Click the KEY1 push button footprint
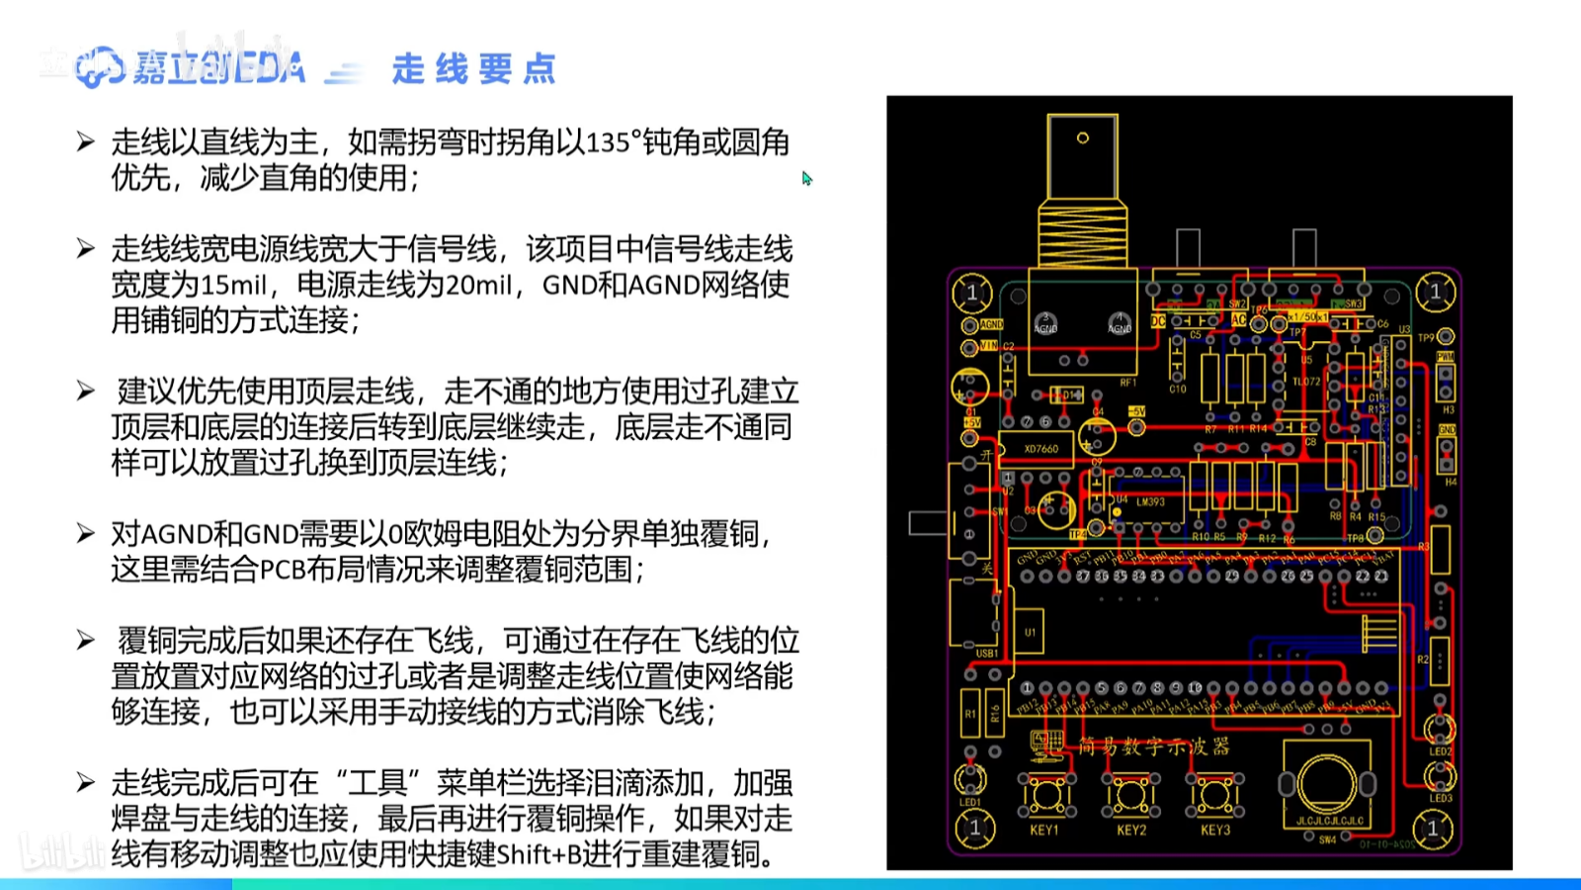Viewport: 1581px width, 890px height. click(x=1045, y=793)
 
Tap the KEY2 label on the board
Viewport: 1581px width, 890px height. click(x=1131, y=831)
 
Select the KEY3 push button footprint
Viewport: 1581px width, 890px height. click(x=1215, y=793)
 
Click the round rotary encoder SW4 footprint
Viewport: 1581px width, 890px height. click(x=1327, y=783)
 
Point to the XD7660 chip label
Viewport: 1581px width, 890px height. click(x=1040, y=449)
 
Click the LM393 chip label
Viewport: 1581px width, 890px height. click(x=1150, y=502)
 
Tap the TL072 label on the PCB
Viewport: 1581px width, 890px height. click(x=1306, y=382)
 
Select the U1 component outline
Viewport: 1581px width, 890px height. click(x=1030, y=633)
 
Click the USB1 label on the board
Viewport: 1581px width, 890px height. click(x=986, y=654)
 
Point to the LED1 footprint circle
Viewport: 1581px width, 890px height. click(x=970, y=779)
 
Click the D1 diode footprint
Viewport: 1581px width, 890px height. click(x=1065, y=396)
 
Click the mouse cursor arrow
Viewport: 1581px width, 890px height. click(x=806, y=178)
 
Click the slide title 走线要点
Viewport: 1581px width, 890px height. click(x=474, y=69)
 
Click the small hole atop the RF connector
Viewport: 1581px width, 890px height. click(x=1082, y=138)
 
